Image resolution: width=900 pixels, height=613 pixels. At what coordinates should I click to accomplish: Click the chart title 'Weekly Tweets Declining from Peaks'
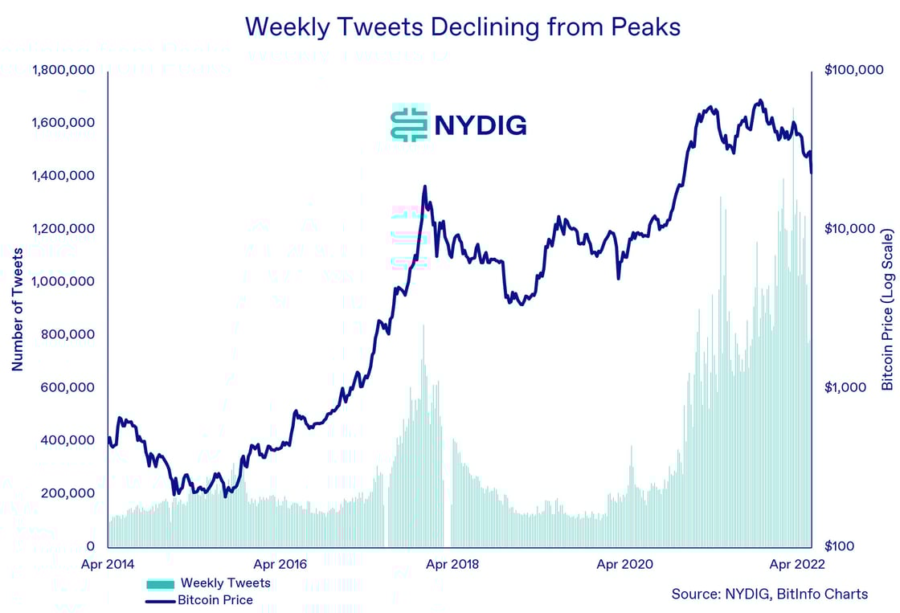(462, 27)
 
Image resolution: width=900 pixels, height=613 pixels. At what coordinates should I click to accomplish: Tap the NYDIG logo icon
(409, 124)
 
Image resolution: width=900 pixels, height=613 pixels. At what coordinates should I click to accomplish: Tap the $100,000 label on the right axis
(853, 71)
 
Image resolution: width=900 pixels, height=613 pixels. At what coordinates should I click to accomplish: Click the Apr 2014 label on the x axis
(108, 564)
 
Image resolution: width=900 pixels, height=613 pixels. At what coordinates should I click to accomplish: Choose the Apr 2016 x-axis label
(280, 564)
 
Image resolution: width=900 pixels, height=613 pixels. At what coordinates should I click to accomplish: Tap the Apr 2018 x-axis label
(452, 564)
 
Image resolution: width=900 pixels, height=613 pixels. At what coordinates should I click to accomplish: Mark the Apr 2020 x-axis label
(624, 564)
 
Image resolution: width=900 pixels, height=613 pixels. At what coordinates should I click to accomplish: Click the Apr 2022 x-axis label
(796, 564)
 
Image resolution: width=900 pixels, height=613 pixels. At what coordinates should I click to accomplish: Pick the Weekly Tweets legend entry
(209, 582)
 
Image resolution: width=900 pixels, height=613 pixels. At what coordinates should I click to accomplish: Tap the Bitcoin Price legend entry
(199, 599)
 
